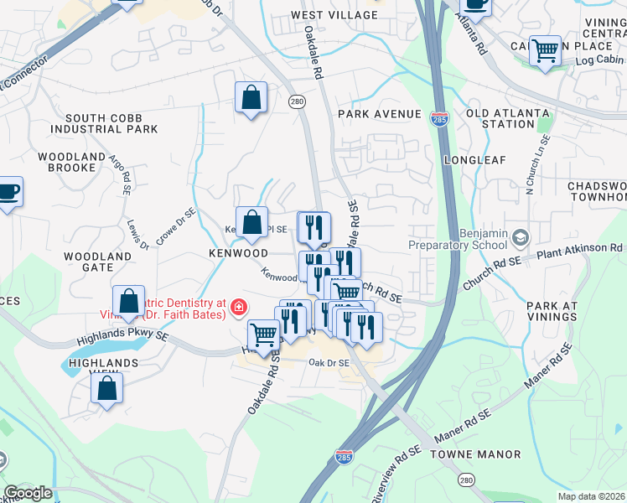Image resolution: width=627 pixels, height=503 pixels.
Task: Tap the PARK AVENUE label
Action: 379,114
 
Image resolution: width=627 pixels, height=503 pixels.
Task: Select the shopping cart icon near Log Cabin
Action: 546,51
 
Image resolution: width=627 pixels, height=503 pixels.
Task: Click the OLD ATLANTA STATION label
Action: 508,118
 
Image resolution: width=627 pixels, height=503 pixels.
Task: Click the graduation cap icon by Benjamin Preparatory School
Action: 521,238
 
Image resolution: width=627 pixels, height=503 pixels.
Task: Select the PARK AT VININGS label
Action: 552,311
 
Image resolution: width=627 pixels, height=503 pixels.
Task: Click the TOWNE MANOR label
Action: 475,454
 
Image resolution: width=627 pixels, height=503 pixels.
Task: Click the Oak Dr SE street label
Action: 328,363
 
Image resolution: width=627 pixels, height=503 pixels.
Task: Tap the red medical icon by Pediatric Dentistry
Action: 240,308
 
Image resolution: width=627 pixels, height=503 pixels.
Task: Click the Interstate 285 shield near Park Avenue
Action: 438,119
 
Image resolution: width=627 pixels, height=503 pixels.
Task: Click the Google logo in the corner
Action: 28,493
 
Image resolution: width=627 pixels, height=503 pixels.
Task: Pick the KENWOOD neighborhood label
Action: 239,252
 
